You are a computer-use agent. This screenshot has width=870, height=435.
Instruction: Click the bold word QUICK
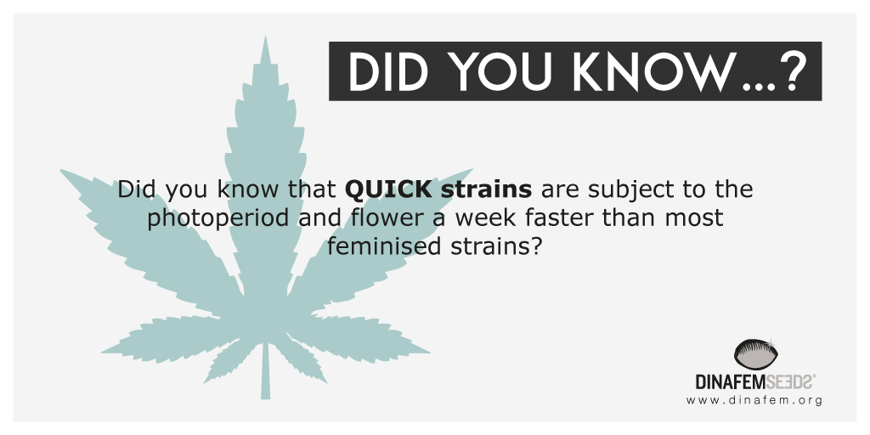coord(387,189)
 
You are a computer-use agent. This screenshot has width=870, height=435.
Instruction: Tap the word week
coord(486,217)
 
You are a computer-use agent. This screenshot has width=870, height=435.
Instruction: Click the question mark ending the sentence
coord(534,246)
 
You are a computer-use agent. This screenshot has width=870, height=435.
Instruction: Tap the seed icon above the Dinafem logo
coord(755,354)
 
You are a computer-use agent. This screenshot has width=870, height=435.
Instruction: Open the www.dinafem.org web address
coord(754,400)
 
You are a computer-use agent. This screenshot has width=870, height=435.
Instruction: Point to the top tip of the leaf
coord(266,37)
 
